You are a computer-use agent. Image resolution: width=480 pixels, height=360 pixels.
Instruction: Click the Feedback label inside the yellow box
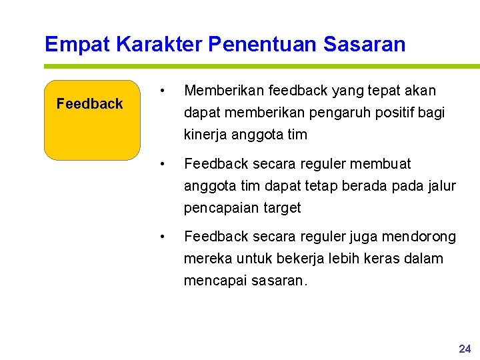click(90, 104)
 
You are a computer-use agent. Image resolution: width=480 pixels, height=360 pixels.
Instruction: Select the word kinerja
click(205, 135)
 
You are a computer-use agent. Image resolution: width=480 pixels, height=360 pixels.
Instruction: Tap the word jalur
click(442, 185)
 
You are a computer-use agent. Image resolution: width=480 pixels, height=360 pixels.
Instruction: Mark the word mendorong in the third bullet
click(425, 237)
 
